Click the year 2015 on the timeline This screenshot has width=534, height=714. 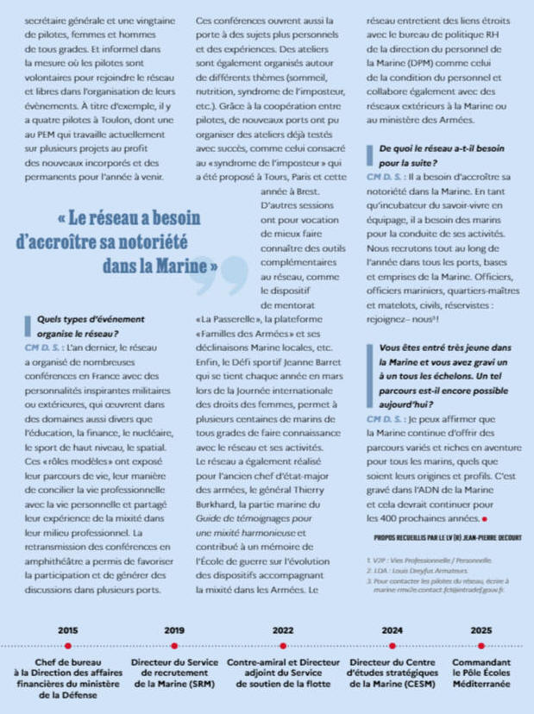pos(67,630)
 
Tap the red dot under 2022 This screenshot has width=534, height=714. pos(283,645)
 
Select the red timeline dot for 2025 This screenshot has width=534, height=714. pos(481,645)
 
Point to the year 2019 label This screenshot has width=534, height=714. pos(174,630)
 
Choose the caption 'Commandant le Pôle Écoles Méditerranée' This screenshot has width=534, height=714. pos(481,672)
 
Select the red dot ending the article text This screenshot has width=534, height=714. pos(485,519)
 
